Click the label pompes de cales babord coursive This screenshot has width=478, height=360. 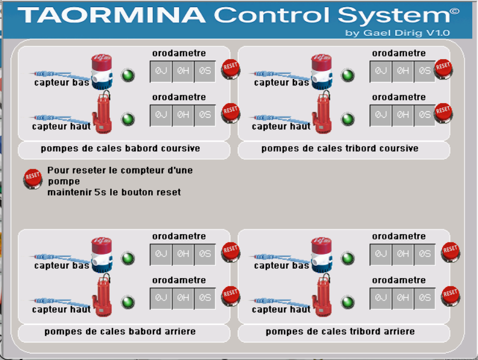pos(121,149)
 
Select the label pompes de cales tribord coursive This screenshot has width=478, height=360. pos(340,149)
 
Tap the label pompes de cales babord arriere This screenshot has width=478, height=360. pos(120,332)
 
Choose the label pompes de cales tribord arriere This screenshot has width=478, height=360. pos(340,332)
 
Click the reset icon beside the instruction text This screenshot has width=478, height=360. pos(32,178)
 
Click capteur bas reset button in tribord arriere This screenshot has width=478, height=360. pos(450,252)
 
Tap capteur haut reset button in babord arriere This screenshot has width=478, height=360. pos(230,296)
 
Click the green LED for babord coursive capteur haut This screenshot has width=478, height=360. pos(128,119)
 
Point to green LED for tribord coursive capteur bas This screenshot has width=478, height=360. pos(348,76)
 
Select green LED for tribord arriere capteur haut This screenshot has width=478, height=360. pos(348,302)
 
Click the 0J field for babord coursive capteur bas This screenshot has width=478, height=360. pos(161,71)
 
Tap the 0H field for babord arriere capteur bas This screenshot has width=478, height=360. pos(183,254)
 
